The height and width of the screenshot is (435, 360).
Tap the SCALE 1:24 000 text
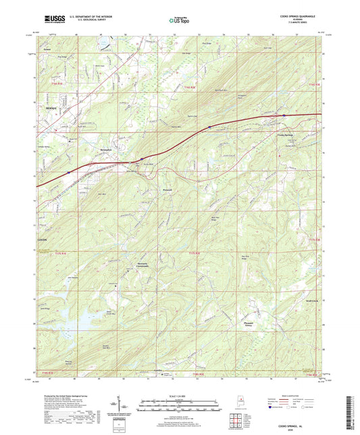[180, 396]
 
